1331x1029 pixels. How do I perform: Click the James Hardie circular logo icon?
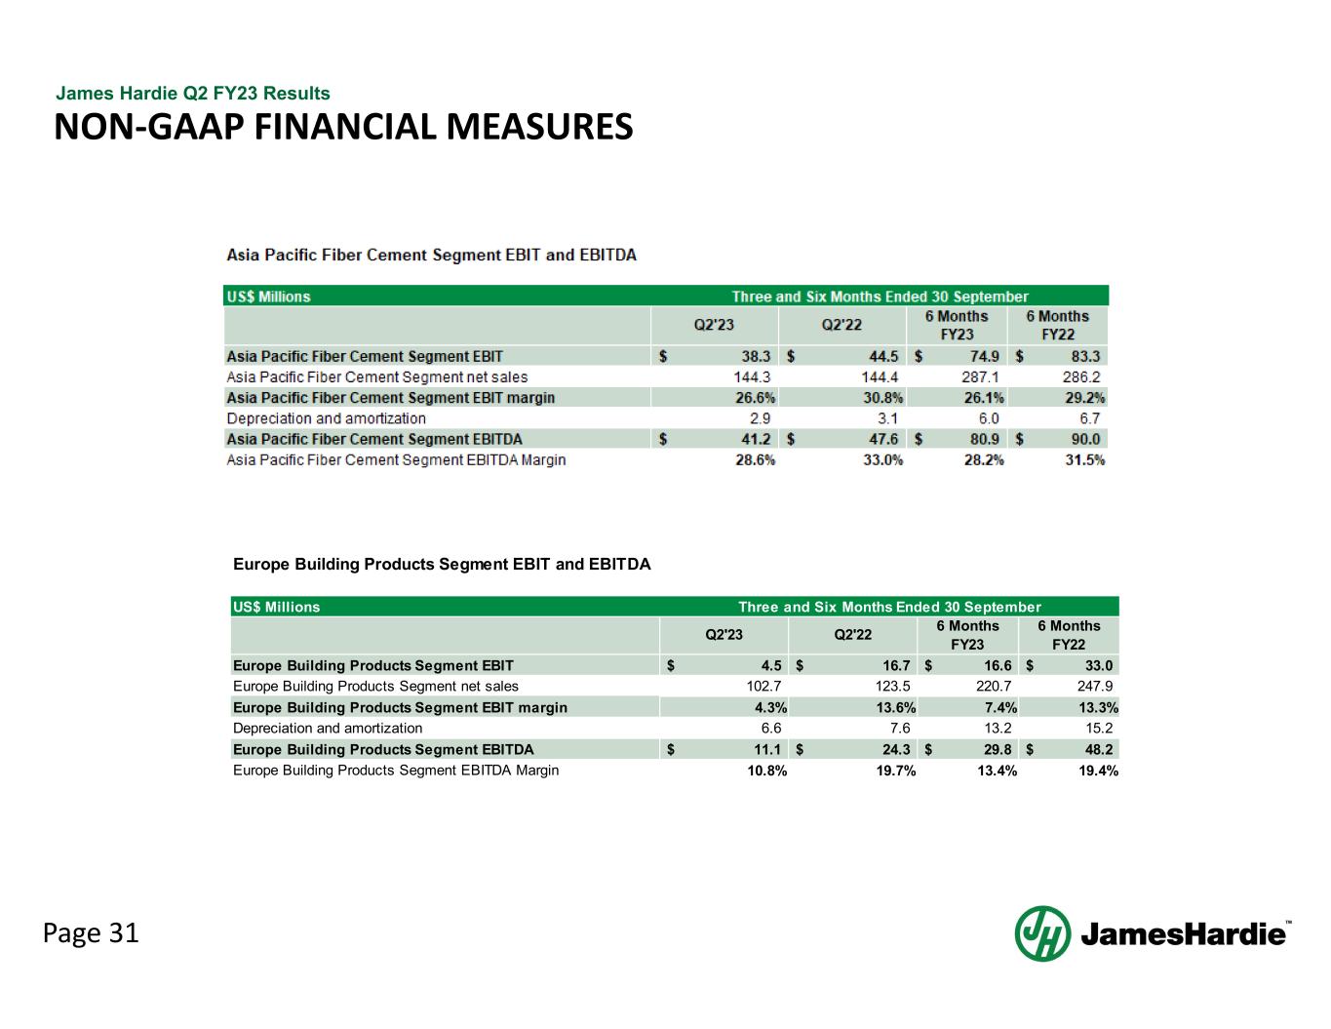(1042, 933)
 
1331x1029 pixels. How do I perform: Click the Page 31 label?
(91, 933)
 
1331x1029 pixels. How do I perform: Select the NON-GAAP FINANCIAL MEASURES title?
(343, 127)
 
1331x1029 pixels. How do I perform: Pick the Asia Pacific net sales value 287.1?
(982, 377)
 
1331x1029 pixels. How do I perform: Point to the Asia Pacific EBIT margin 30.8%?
(883, 398)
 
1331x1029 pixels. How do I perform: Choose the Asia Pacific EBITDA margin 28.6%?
(756, 459)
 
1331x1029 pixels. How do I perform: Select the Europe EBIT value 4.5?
(771, 666)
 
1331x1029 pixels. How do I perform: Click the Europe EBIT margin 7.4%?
(1000, 707)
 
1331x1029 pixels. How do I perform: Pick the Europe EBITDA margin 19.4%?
(1098, 771)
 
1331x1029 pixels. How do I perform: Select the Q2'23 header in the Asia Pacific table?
(713, 325)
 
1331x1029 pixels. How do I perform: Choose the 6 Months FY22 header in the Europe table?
(1069, 635)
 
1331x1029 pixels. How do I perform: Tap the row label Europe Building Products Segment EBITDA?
(383, 749)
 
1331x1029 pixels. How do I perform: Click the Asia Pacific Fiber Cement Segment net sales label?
(377, 377)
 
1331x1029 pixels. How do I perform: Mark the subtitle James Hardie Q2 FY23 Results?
(193, 94)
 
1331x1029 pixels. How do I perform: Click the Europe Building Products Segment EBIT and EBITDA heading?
(442, 564)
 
